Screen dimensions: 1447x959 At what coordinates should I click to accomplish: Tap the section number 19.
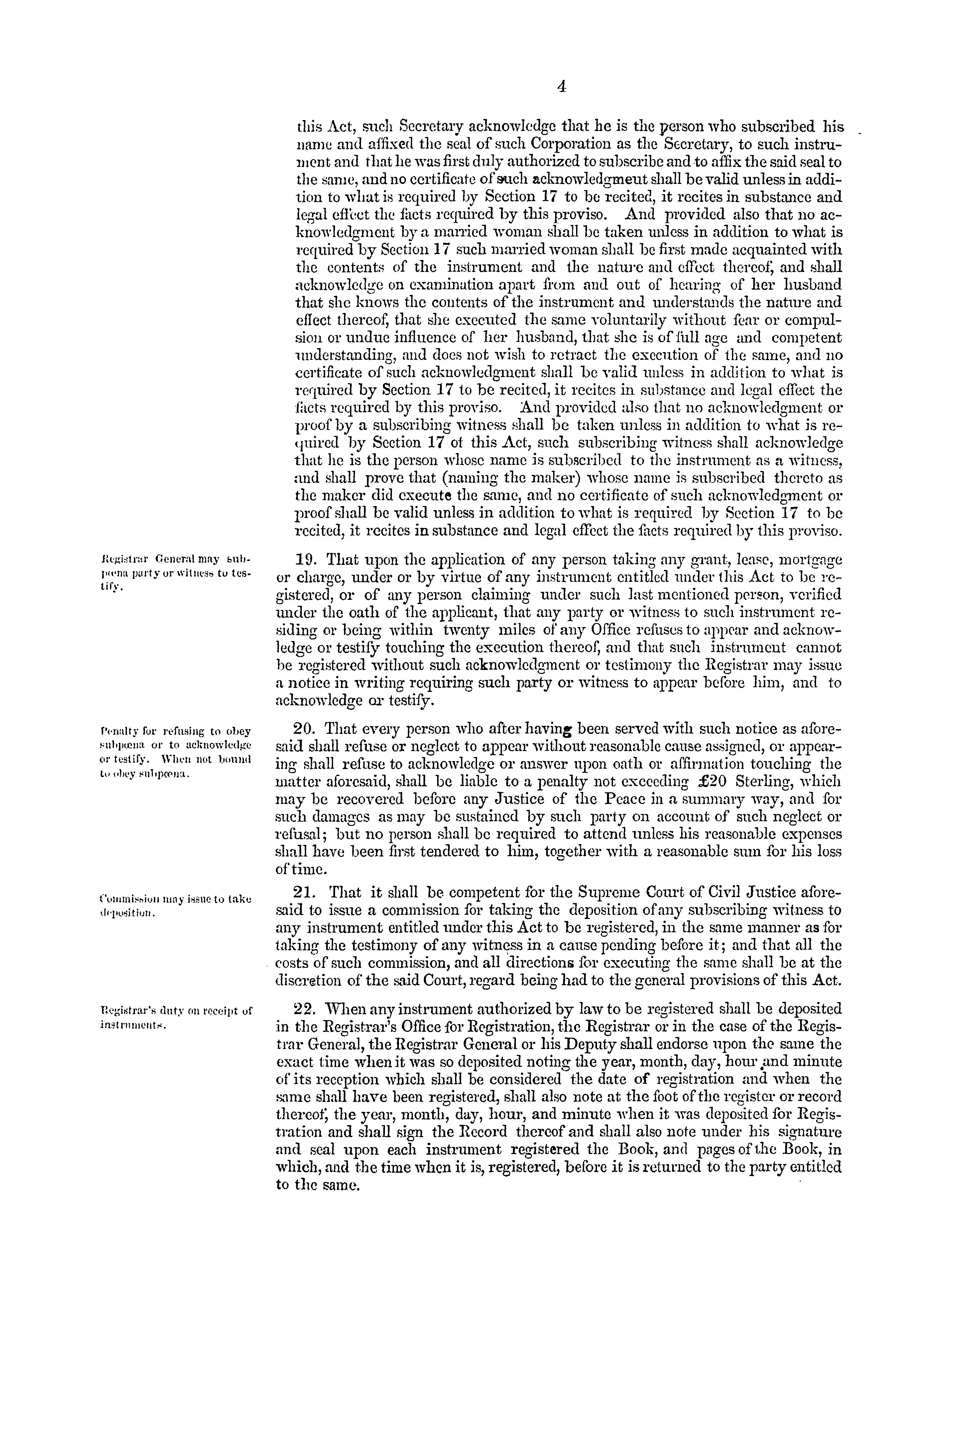coord(306,560)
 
